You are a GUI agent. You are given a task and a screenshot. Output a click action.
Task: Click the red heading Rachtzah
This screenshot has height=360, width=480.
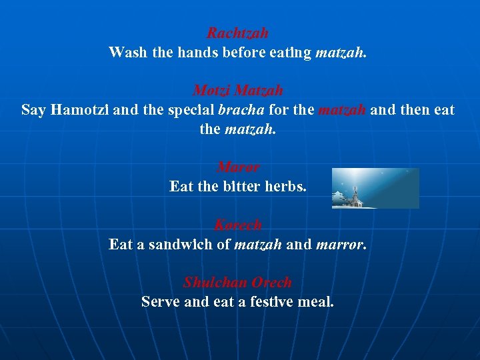[237, 33]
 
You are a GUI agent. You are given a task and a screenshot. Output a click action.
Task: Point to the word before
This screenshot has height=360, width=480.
[245, 52]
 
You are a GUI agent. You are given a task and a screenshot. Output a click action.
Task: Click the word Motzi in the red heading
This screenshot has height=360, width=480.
[211, 90]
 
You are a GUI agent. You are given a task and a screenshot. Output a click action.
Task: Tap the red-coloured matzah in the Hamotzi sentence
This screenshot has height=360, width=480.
[342, 109]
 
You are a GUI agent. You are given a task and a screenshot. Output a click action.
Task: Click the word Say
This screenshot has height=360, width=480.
[33, 109]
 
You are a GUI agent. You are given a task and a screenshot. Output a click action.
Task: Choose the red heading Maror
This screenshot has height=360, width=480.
[238, 167]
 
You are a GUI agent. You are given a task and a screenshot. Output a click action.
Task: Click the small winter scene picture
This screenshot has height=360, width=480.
[375, 188]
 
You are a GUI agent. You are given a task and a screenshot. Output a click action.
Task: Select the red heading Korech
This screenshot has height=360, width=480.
[238, 225]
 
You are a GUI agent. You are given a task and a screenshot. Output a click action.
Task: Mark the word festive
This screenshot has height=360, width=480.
[270, 302]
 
